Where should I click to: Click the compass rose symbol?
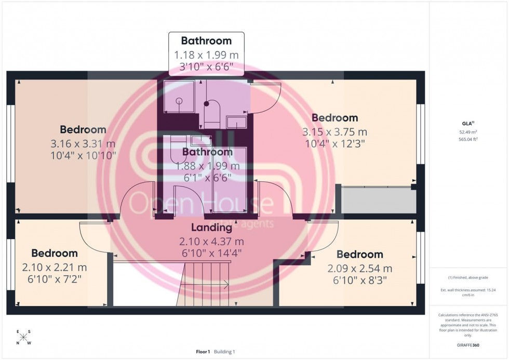(23, 337)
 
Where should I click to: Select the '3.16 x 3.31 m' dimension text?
(83, 144)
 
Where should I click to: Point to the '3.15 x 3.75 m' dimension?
(334, 132)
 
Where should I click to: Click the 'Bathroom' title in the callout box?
(206, 41)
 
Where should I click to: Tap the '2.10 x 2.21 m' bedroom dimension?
(55, 268)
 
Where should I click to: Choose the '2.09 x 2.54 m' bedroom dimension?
(359, 269)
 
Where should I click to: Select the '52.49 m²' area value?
(468, 132)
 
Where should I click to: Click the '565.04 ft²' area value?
(468, 139)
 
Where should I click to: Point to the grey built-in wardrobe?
(378, 200)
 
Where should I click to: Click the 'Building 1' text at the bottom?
(225, 352)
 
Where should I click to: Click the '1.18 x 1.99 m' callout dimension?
(206, 55)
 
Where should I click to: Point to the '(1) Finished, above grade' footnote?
(468, 277)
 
